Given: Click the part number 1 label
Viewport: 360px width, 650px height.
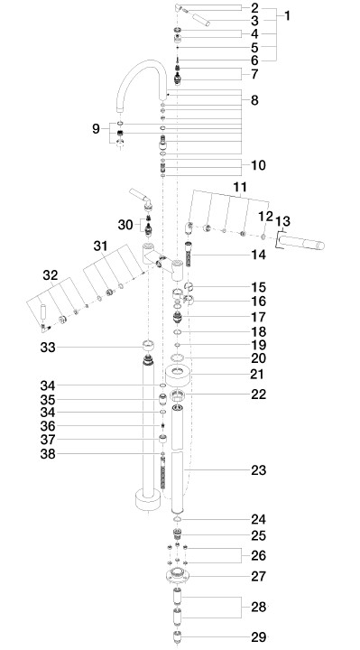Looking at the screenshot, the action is (x=287, y=16).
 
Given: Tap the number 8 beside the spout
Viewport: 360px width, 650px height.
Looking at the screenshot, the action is (x=254, y=100).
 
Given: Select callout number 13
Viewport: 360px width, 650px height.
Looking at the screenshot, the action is (x=284, y=221).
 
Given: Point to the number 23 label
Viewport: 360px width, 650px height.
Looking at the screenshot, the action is (x=259, y=470).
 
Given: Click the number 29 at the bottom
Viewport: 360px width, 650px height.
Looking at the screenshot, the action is (x=259, y=637).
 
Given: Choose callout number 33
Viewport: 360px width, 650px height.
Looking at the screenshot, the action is (x=48, y=348).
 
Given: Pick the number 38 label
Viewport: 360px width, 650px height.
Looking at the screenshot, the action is (x=48, y=454).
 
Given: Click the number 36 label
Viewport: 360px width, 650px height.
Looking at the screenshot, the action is (x=48, y=426).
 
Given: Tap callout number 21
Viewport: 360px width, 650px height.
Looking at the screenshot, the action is (x=257, y=374).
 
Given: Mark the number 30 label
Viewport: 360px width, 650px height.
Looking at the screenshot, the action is (x=125, y=225).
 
